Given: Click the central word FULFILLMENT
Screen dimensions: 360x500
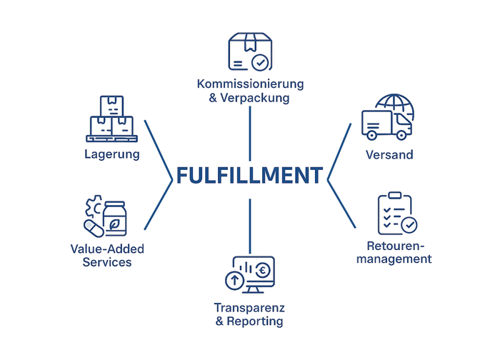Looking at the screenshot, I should (249, 175).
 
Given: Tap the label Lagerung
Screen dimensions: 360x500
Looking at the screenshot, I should (111, 154).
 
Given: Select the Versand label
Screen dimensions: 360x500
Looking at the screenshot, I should (389, 155).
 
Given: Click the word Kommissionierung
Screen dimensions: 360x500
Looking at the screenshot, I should (250, 84).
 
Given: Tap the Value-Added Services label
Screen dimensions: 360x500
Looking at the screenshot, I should (107, 255).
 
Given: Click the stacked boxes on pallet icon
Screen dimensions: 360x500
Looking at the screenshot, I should (111, 119).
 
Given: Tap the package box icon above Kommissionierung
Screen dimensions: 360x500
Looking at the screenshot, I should (249, 52).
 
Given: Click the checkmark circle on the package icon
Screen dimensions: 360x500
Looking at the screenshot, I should (261, 63).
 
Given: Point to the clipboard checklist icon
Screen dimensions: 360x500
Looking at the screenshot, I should (395, 212).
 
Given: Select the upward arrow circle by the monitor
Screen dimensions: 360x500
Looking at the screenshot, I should (234, 281).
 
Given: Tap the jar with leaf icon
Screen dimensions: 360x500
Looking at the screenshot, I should (116, 219).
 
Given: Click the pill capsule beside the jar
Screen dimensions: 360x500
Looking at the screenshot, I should (94, 229).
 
